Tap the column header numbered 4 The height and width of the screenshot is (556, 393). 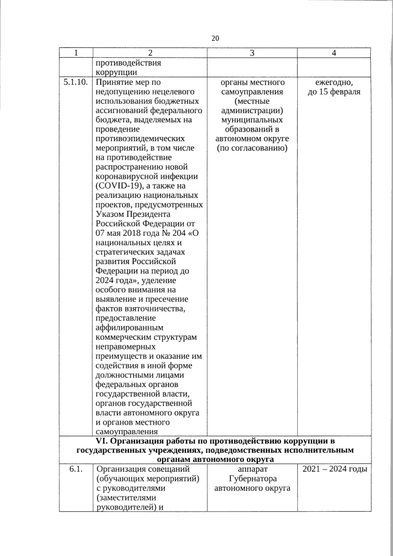333,53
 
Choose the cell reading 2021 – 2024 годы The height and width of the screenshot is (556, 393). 333,469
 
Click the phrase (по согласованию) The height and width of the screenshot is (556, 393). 252,148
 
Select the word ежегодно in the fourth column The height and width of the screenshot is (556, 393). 333,82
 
